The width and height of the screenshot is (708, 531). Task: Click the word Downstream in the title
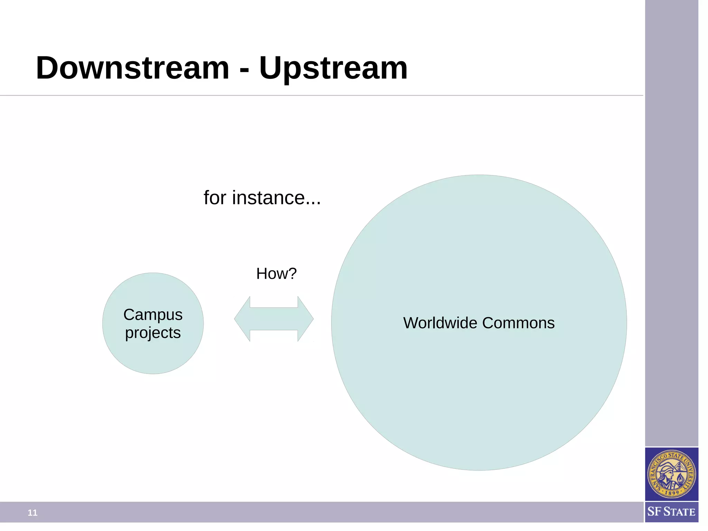[x=133, y=68]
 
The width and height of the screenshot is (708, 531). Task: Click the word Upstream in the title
[x=333, y=68]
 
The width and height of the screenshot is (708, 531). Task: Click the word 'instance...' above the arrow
[x=276, y=198]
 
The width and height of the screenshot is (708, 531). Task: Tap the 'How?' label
[x=276, y=274]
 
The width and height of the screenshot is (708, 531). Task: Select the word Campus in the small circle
[x=153, y=315]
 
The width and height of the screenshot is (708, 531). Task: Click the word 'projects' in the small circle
[x=153, y=333]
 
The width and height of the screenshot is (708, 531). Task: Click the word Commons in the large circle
[x=518, y=323]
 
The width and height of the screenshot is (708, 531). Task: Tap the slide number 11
[x=32, y=513]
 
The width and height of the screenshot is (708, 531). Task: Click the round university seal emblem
[x=671, y=474]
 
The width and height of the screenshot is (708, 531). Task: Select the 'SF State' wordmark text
[x=671, y=512]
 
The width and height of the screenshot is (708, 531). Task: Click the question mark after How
[x=293, y=274]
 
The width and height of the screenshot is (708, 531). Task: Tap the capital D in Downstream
[x=47, y=68]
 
